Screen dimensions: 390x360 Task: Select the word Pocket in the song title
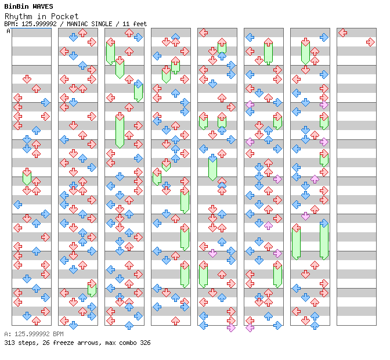64,16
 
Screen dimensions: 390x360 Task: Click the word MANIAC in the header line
77,24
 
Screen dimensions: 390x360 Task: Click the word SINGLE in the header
102,24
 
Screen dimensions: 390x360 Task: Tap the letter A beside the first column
9,31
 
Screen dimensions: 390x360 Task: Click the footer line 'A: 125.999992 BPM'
34,334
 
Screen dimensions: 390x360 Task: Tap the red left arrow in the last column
343,33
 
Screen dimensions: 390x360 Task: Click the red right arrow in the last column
371,42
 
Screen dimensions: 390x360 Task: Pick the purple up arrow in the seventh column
315,179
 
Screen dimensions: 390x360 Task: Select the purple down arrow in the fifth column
212,253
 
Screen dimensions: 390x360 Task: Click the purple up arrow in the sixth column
268,226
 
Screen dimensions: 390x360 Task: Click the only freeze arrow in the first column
27,177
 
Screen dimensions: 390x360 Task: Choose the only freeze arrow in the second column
92,288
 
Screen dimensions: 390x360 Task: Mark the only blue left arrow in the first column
18,205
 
